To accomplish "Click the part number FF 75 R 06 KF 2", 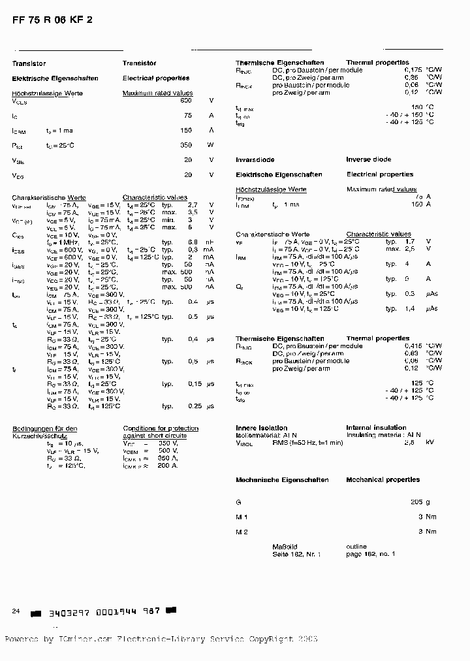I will (52, 20).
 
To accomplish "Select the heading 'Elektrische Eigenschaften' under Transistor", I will (55, 78).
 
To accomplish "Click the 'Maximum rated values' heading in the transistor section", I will (157, 93).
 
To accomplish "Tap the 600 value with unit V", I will (186, 101).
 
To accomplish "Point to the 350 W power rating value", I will (186, 145).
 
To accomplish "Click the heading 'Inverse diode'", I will (369, 159).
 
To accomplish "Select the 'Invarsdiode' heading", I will (255, 159).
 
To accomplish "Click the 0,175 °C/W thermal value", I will (413, 69).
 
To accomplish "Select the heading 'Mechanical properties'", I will (383, 479).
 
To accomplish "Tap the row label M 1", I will (242, 517).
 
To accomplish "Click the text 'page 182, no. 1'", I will (370, 554).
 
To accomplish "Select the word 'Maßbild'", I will (285, 547).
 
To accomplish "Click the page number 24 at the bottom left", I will (16, 611).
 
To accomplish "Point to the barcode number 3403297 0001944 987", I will (103, 612).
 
